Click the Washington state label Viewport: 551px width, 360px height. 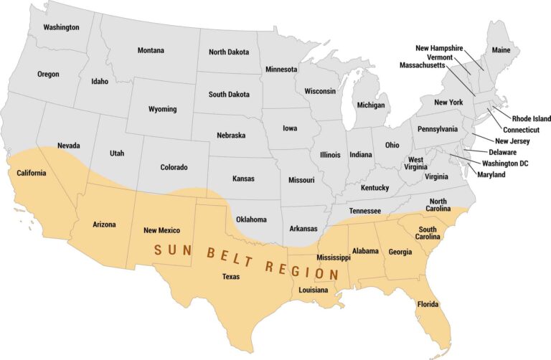61,27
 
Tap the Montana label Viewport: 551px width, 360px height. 151,50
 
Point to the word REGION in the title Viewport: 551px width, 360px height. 302,270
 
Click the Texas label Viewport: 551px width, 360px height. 231,276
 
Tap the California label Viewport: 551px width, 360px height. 27,173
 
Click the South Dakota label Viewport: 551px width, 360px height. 229,94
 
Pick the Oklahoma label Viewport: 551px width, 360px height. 251,219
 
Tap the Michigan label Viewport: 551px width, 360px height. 371,105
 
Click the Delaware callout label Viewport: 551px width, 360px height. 502,152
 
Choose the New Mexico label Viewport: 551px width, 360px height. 161,230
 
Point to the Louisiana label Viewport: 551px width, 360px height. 314,290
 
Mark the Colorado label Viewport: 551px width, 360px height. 174,167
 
